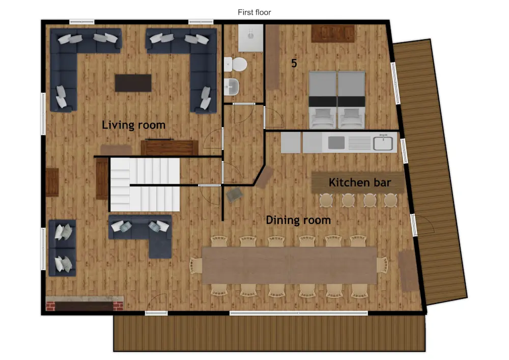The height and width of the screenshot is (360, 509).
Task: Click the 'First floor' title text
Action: (254, 12)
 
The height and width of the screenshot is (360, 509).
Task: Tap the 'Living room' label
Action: (133, 125)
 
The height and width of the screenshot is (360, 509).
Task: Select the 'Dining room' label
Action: (298, 220)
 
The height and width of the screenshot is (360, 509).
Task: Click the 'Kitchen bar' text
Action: (360, 182)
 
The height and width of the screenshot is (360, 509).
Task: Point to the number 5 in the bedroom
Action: (294, 64)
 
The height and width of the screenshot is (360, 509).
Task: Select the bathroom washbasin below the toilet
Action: (232, 87)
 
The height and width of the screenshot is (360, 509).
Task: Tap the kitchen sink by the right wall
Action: (384, 143)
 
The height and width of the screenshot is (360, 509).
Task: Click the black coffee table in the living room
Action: (133, 83)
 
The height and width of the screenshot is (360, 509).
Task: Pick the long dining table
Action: (289, 265)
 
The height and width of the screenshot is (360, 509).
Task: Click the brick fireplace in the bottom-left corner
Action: (84, 304)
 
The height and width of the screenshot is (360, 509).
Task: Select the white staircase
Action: (145, 184)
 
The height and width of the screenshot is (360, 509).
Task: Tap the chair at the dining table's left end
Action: (196, 265)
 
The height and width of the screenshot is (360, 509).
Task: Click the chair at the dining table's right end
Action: (382, 265)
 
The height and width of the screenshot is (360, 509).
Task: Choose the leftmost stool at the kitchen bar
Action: (326, 200)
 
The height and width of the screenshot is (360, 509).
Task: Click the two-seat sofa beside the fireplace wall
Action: (62, 248)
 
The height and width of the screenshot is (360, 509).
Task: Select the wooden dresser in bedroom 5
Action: (333, 34)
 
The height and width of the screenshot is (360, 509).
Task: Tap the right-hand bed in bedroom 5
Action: (352, 99)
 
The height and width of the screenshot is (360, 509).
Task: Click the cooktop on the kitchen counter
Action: (337, 143)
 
